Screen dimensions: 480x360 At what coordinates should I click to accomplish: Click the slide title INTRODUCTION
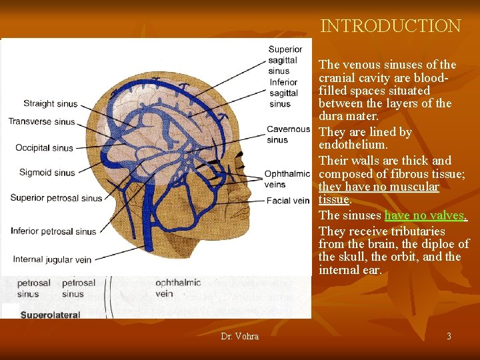pos(391,26)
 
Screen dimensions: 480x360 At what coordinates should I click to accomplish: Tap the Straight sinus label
pos(51,104)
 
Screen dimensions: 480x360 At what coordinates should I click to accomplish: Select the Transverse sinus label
pos(41,121)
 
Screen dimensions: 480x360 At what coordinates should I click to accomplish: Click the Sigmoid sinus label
pos(47,173)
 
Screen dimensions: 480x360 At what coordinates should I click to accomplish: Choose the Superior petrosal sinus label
pos(56,198)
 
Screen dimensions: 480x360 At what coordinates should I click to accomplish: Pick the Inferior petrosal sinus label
pos(53,231)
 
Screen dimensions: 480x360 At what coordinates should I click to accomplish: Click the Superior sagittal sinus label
pos(285,60)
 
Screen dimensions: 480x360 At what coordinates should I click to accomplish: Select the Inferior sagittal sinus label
pos(284,93)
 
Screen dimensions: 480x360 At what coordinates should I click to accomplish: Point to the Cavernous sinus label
pos(288,135)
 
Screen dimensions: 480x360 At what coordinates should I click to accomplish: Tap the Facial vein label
pos(288,200)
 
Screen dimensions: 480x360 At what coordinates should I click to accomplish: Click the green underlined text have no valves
pos(425,215)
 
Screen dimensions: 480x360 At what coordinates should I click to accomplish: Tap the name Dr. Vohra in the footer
pos(239,336)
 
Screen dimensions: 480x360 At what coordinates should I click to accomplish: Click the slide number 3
pos(449,336)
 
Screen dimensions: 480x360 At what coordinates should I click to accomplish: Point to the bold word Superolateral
pos(50,315)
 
